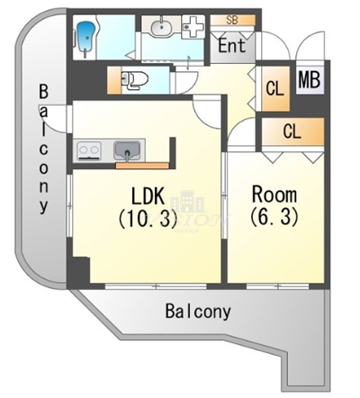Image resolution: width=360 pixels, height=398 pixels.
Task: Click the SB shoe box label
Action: point(231,19)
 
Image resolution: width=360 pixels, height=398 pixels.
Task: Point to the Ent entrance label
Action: point(232,43)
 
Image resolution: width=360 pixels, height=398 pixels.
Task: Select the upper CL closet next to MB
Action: point(275,88)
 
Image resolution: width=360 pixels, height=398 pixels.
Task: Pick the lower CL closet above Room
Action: point(291,131)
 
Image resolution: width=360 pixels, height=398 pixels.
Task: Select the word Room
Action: point(274,194)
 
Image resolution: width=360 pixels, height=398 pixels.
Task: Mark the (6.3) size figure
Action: point(274,217)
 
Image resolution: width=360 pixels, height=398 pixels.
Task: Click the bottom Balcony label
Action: point(198,312)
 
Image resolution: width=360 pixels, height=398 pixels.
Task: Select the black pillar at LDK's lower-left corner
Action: point(80,269)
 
